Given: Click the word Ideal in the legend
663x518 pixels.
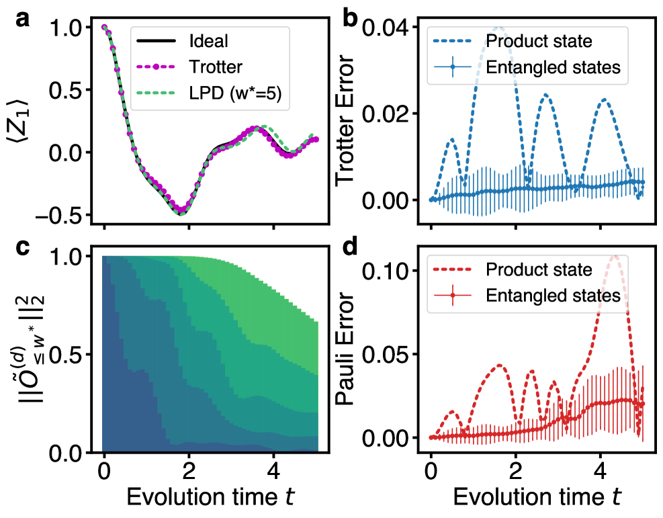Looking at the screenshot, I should coord(209,41).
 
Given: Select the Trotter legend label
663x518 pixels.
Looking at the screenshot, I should coord(216,67).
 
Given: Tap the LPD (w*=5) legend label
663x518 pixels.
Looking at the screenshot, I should coord(238,93).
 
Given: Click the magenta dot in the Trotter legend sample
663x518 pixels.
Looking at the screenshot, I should coord(156,67).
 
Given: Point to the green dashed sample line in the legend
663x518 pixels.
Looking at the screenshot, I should coord(156,93).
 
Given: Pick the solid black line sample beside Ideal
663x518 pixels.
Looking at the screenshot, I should coord(156,41).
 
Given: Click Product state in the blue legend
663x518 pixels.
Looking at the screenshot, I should coord(539,41).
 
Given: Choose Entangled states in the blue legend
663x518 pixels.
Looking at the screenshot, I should coord(552,67).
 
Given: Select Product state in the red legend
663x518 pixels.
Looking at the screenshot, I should coord(539,269).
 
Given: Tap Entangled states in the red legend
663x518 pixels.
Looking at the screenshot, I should coord(552,295).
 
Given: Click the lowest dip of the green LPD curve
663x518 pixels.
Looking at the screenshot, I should coord(181,213).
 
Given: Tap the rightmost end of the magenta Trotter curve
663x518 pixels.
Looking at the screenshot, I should coord(316,139).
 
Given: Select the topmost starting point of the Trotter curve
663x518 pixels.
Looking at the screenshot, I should coord(104,27).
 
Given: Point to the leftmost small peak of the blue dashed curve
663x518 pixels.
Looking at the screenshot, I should coord(452,139).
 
